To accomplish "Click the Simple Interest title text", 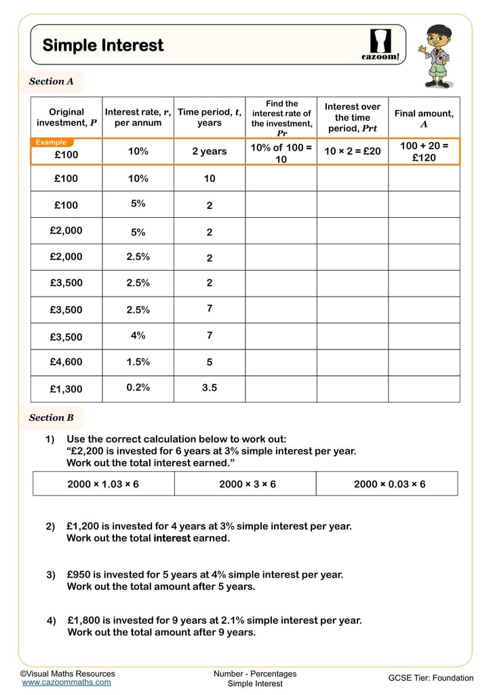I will [103, 45].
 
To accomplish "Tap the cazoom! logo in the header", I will [380, 45].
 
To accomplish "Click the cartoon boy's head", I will [439, 37].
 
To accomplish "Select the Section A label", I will [51, 81].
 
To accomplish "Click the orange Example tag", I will [51, 143].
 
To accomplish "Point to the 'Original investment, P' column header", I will [66, 117].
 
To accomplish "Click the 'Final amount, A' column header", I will [424, 119].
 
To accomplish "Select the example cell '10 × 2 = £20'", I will [352, 151].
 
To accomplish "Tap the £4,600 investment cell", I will [66, 362].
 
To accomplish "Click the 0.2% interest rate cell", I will [138, 388].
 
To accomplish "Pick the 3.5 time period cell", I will [210, 388].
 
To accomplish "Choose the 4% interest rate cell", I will [138, 335].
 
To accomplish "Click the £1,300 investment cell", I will [66, 389].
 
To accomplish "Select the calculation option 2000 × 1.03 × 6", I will [103, 484].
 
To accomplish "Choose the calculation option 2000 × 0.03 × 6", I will [389, 484].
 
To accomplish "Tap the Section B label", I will [51, 418].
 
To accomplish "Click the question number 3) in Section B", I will [51, 575].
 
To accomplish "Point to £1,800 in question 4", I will [84, 620].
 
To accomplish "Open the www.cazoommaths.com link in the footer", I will [66, 682].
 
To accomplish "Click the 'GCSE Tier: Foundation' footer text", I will [431, 678].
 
